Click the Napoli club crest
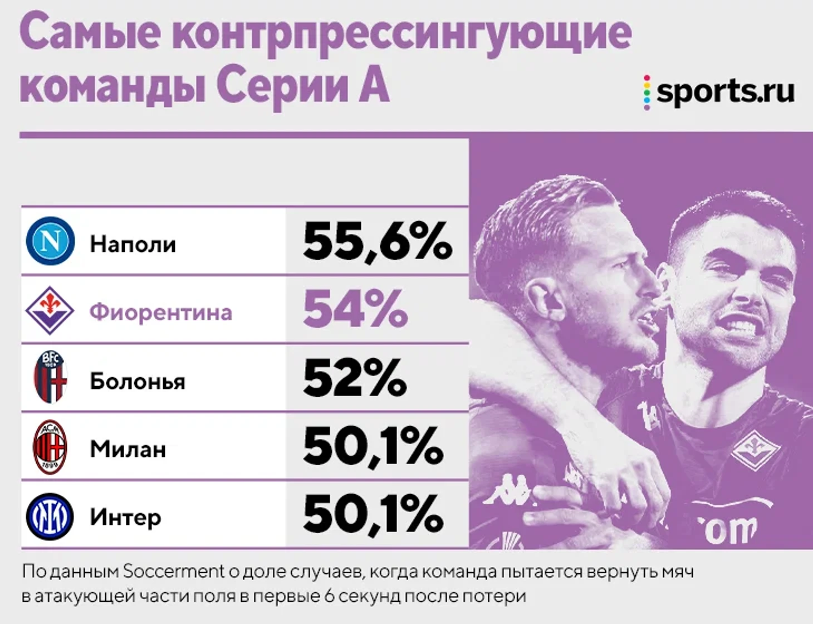(x=50, y=241)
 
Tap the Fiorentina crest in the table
(x=50, y=310)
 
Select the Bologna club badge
(x=50, y=377)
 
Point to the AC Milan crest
(x=50, y=447)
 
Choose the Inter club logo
(x=50, y=516)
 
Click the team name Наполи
(x=133, y=244)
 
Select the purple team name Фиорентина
(x=160, y=312)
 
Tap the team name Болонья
(x=137, y=381)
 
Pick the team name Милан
(x=128, y=449)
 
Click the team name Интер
(x=125, y=518)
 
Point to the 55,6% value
(x=377, y=241)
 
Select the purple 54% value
(x=355, y=309)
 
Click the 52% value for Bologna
(x=354, y=378)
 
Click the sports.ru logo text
(x=724, y=91)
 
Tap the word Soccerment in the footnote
(x=173, y=571)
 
